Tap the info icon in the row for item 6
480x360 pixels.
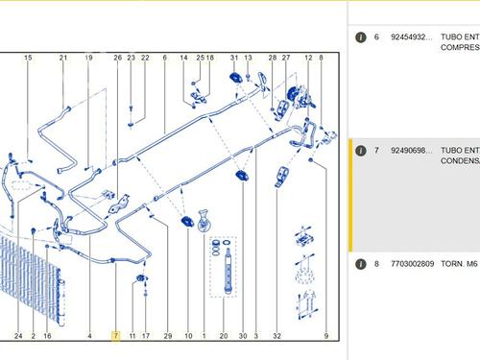(360, 36)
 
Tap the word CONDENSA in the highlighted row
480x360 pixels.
(459, 162)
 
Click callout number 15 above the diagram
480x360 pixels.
(28, 58)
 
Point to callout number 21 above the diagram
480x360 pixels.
(63, 58)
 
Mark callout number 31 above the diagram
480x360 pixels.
(233, 58)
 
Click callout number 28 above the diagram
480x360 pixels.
(272, 58)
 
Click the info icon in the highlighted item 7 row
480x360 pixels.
(360, 151)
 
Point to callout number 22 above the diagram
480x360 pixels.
(145, 58)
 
